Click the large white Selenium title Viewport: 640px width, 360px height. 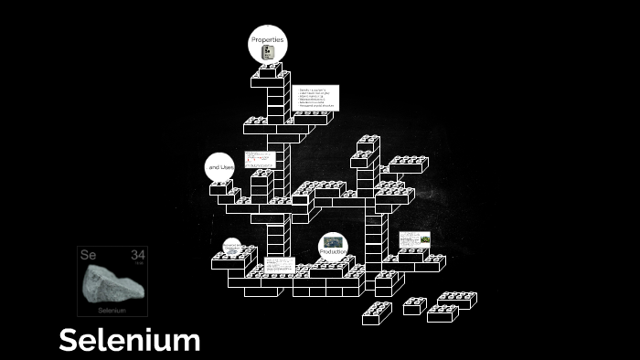[129, 341]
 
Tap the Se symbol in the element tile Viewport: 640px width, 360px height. [88, 254]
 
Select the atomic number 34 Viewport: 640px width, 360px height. [137, 254]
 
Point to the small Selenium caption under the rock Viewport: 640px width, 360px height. [112, 311]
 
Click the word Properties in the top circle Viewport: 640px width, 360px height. [268, 40]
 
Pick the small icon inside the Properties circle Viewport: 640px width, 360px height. [268, 53]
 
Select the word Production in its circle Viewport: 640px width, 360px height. [333, 251]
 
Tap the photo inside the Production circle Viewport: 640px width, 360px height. [333, 241]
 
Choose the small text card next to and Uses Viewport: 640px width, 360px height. [260, 159]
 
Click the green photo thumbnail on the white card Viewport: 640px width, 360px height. [425, 238]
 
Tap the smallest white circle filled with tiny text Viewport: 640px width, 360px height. [232, 247]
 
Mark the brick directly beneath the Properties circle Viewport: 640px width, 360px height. [269, 70]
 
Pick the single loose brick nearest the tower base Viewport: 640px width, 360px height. [377, 313]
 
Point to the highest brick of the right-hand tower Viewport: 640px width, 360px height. [368, 143]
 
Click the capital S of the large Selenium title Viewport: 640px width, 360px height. [69, 341]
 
